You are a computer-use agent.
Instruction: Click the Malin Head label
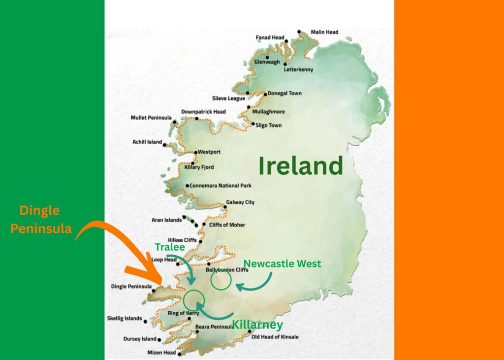pos(324,33)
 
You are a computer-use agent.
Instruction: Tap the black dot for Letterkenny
pos(285,64)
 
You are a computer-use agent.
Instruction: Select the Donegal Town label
pos(285,93)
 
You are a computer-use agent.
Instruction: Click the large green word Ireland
pos(300,166)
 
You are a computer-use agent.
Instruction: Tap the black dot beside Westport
pos(195,152)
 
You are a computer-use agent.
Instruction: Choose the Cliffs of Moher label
pos(227,225)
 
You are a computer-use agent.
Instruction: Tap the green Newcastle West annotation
pos(282,263)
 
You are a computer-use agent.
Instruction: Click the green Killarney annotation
pos(257,325)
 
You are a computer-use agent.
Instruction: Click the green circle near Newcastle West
pos(220,281)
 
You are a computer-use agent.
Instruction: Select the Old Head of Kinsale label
pos(275,337)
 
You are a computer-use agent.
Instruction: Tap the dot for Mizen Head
pos(180,353)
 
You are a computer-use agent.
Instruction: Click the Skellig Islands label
pos(124,319)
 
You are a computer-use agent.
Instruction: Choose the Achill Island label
pos(147,142)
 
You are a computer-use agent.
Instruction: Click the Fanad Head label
pos(270,37)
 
